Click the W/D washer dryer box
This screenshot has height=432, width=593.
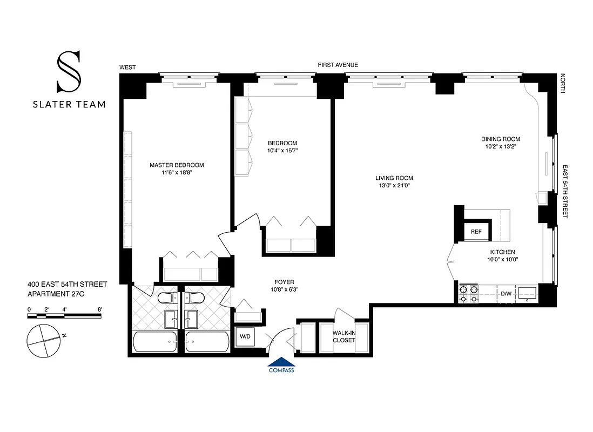pos(245,336)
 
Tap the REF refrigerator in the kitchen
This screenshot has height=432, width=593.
pos(476,232)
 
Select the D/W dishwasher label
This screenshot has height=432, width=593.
pos(506,294)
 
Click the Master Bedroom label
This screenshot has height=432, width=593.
pos(177,165)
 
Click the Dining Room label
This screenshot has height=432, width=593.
pos(501,139)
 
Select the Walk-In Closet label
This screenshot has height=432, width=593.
pos(344,336)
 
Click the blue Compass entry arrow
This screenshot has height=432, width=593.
pos(281,363)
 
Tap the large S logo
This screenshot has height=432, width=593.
pos(69,71)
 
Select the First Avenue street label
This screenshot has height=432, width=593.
pos(338,65)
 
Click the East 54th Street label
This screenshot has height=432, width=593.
pos(565,191)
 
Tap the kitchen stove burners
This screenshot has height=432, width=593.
pos(468,294)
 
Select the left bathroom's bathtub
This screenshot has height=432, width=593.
pos(154,341)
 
